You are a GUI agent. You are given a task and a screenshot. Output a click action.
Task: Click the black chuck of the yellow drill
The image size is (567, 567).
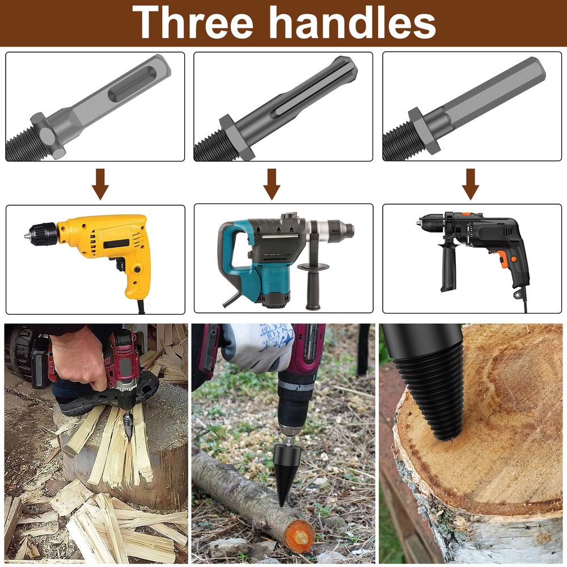tap(44, 234)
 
